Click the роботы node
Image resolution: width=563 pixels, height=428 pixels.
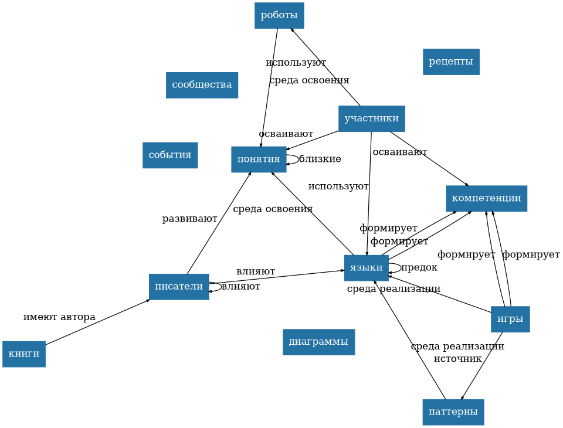(279, 15)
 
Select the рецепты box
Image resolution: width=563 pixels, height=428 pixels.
(451, 62)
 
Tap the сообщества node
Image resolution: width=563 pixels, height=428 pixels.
(202, 85)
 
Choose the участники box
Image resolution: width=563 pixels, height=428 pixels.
(371, 118)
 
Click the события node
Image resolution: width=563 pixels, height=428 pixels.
(170, 155)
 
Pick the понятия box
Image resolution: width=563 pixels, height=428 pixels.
(259, 159)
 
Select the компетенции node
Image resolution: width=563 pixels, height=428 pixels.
(486, 198)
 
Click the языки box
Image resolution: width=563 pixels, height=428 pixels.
(366, 268)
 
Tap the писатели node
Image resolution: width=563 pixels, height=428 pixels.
(179, 287)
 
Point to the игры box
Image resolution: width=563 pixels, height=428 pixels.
(510, 319)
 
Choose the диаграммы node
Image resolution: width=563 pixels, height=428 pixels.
(318, 342)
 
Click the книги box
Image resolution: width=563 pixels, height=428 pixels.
(24, 354)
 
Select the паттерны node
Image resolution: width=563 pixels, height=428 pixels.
(453, 412)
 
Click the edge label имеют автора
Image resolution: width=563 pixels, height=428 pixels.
(59, 317)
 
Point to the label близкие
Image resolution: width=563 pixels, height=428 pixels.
(320, 159)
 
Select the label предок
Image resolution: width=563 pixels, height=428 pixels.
(419, 267)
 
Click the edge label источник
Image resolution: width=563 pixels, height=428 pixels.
(458, 358)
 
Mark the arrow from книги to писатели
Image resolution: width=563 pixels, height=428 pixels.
(97, 322)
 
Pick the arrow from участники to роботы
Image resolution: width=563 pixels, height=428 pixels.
(325, 67)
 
